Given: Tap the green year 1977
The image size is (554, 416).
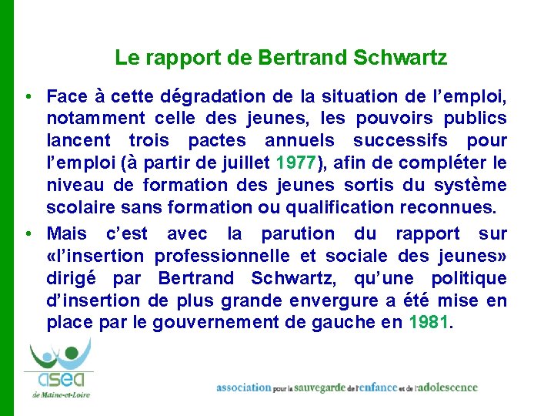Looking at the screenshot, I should pyautogui.click(x=294, y=163).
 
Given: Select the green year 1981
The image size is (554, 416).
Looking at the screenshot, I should pyautogui.click(x=428, y=322).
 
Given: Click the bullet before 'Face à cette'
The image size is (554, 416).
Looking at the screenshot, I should pyautogui.click(x=27, y=97).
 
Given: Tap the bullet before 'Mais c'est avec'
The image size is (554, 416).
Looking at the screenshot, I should pyautogui.click(x=27, y=233).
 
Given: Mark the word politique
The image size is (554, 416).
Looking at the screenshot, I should pyautogui.click(x=470, y=278).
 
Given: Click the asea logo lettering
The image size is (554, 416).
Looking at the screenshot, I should pyautogui.click(x=60, y=381).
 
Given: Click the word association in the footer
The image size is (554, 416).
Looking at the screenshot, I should pyautogui.click(x=244, y=387).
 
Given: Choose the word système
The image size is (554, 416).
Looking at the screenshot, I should pyautogui.click(x=476, y=185).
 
